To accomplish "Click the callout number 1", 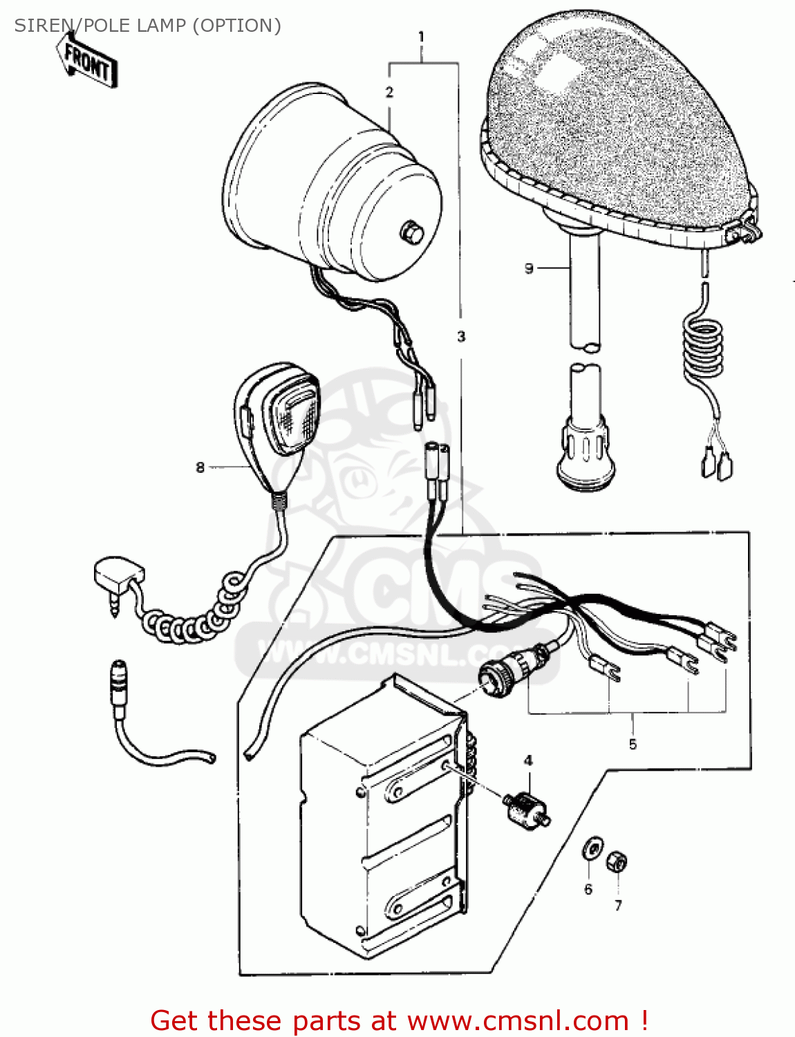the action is pos(422,37).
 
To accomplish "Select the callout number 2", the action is pos(389,92).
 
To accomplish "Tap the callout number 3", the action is pos(461,337).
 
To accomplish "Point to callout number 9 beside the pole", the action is pos(529,268).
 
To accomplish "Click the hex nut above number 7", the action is pos(617,862).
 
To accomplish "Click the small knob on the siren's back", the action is pos(412,232).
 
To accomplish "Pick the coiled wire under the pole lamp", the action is pos(702,348).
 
